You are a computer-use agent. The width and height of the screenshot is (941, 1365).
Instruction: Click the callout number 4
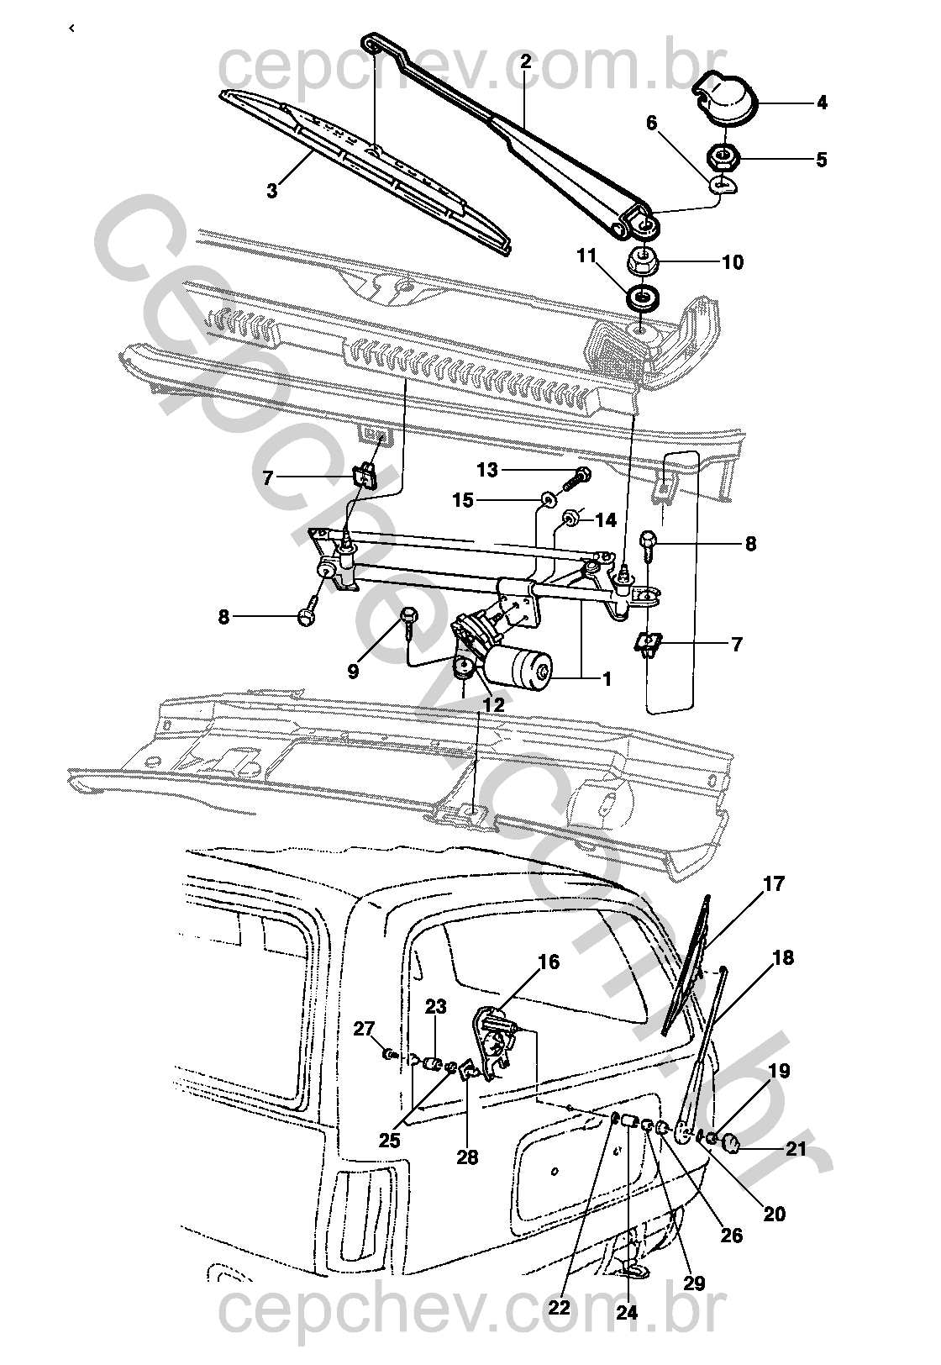(x=822, y=103)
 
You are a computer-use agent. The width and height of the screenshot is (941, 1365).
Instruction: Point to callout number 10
(x=733, y=262)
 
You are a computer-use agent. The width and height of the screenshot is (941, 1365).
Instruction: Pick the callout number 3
(x=271, y=191)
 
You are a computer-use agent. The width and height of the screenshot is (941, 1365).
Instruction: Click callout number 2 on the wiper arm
(x=526, y=61)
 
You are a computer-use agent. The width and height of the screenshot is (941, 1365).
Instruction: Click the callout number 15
(x=463, y=500)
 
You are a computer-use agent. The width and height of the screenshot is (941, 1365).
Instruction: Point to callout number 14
(x=606, y=520)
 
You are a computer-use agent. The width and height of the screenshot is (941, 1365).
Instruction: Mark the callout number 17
(x=774, y=883)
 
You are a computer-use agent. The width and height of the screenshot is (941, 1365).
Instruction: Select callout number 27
(x=364, y=1030)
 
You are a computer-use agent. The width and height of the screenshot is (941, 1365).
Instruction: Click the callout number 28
(x=467, y=1157)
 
